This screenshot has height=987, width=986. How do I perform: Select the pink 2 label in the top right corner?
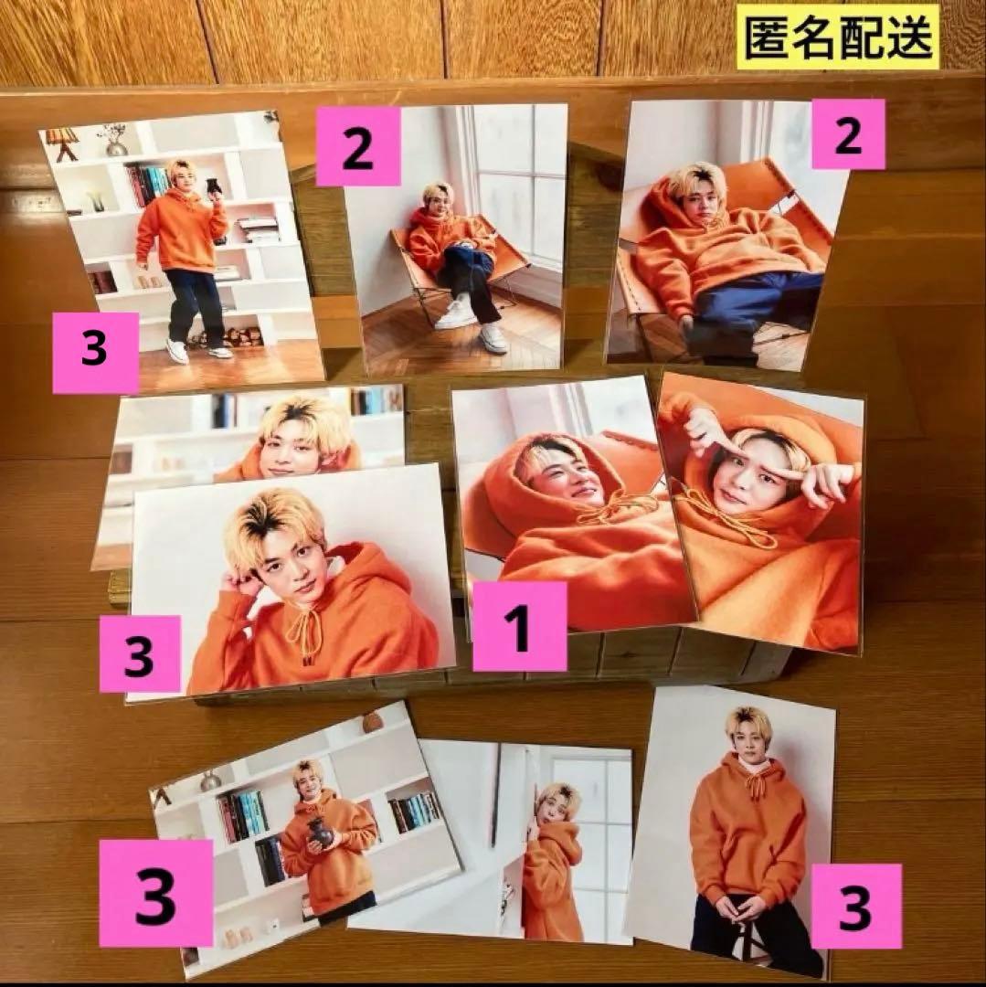click(848, 135)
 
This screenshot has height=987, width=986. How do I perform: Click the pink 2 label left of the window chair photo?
click(358, 146)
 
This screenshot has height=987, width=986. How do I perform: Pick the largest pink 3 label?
click(155, 893)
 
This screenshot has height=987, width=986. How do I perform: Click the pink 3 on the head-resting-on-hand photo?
click(139, 655)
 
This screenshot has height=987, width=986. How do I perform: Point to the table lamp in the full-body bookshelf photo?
click(62, 142)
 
